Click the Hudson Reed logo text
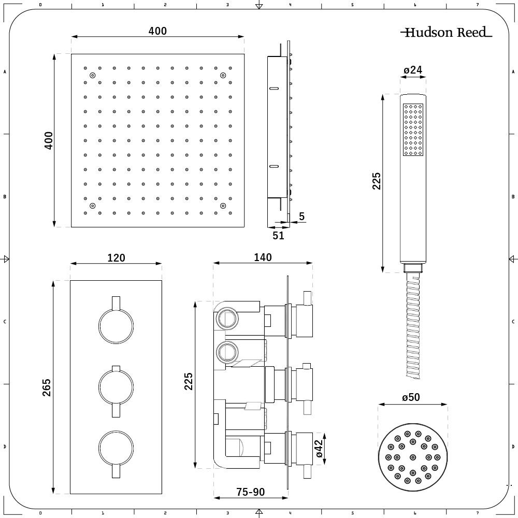pyautogui.click(x=446, y=33)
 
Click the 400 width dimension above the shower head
pyautogui.click(x=157, y=31)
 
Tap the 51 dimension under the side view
pyautogui.click(x=278, y=236)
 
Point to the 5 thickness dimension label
pyautogui.click(x=301, y=217)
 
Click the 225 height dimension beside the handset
pyautogui.click(x=377, y=181)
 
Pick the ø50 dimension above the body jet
pyautogui.click(x=411, y=397)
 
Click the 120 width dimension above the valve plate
pyautogui.click(x=116, y=257)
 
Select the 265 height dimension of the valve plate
pyautogui.click(x=47, y=388)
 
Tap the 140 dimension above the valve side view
pyautogui.click(x=263, y=257)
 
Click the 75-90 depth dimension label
pyautogui.click(x=251, y=492)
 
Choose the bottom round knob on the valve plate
pyautogui.click(x=116, y=447)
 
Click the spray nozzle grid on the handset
pyautogui.click(x=413, y=129)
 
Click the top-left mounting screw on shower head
pyautogui.click(x=93, y=76)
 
